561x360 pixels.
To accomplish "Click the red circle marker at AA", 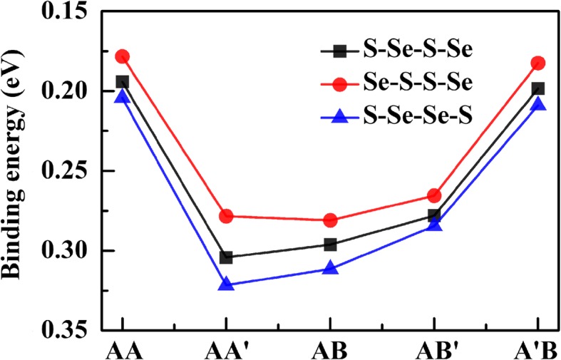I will [122, 56].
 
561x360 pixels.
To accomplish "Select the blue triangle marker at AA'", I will [226, 284].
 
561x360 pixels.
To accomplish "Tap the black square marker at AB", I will [330, 245].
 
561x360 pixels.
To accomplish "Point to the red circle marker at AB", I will [330, 220].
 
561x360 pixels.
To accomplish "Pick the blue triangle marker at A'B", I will [538, 104].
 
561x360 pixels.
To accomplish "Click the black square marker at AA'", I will [226, 257].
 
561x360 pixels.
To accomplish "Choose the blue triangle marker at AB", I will [330, 268].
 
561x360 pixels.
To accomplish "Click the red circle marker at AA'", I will [226, 216].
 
